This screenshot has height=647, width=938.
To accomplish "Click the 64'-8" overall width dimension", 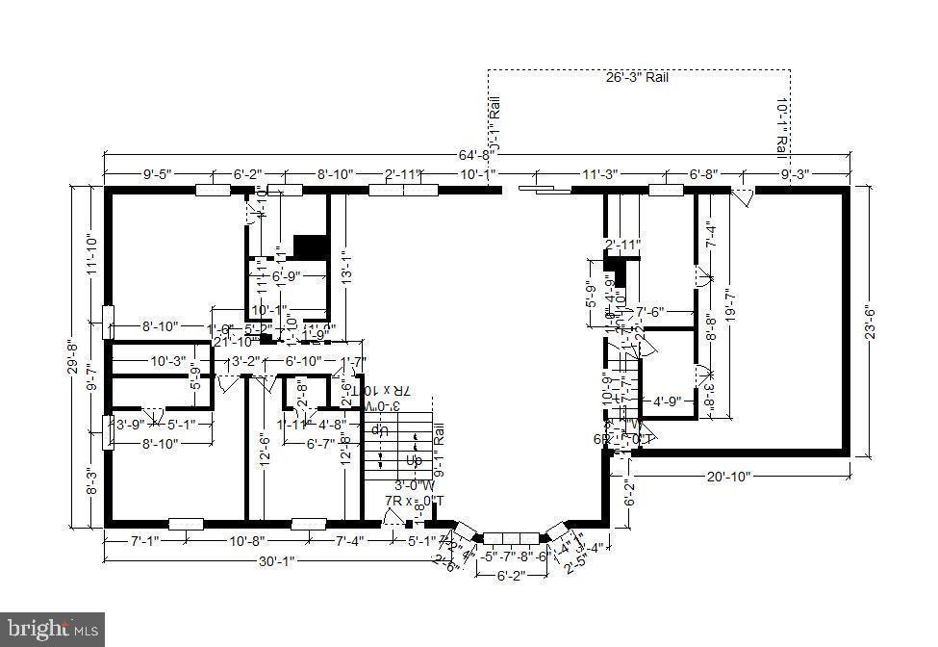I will pos(477,154).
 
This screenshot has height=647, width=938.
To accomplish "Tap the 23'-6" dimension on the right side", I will pos(870,319).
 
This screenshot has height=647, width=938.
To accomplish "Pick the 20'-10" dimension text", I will pos(728,476).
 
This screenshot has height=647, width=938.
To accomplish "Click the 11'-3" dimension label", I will pos(599,174).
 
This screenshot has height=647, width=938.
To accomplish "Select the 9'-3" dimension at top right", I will pos(796,174).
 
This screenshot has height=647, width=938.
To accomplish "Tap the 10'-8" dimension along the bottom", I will pos(247,542).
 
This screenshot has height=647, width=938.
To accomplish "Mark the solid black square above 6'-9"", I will pos(310,246).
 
